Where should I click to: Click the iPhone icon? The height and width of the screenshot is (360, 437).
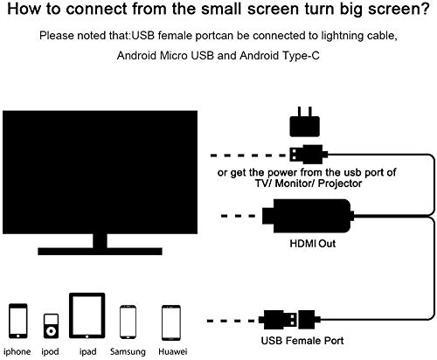point(18,321)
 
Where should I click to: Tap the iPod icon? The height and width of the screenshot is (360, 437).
point(51,326)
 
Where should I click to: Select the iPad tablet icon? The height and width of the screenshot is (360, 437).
point(87,315)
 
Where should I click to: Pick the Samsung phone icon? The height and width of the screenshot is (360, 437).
point(128,322)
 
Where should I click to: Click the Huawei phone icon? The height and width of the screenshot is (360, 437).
point(171,322)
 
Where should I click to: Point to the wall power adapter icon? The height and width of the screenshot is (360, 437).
point(305,122)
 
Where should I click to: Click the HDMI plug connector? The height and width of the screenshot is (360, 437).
point(308,216)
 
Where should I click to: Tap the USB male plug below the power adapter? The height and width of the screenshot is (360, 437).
point(309,155)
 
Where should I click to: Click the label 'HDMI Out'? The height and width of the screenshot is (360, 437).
point(313,244)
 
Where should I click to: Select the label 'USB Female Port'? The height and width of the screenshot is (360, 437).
point(302,341)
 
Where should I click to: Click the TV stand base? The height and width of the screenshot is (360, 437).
point(100,252)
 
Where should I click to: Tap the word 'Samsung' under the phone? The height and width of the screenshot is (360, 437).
point(128,352)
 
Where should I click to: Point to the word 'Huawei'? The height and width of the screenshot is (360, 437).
point(172,351)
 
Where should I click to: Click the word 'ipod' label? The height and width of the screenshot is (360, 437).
point(50,352)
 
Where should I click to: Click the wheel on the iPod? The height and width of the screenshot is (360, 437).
point(51,331)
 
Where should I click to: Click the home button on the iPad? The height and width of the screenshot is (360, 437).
point(87,336)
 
